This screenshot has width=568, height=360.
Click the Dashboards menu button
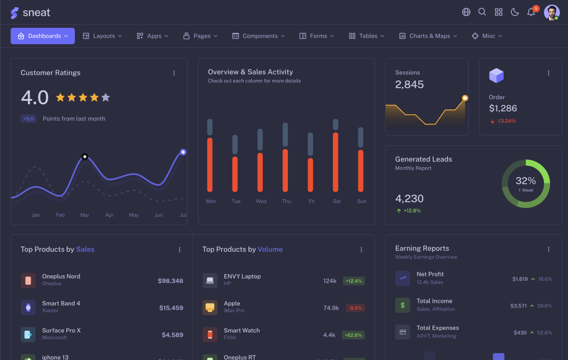pos(43,36)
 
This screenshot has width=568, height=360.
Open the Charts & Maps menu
pos(428,36)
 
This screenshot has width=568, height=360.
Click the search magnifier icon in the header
pos(482,12)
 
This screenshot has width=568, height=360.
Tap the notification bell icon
pos(531,12)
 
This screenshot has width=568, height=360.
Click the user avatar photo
pos(551,12)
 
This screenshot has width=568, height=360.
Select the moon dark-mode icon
pos(515,12)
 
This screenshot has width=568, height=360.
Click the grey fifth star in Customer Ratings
pos(106,98)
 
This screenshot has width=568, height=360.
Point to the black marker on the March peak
pos(85,156)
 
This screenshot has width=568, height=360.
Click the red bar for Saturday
pos(336,162)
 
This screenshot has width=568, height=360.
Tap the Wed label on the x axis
pos(261,201)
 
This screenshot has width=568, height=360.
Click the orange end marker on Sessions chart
pos(465,98)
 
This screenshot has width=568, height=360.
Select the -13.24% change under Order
pos(503,121)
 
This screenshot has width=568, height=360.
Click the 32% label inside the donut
pos(525,181)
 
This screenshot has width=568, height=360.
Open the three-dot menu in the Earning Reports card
pos(549,249)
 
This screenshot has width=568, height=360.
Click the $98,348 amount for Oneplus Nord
pos(170,281)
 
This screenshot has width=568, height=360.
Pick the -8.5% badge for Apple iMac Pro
pos(355,308)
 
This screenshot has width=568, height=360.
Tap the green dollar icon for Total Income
pos(402,305)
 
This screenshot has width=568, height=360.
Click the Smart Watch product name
pos(241,331)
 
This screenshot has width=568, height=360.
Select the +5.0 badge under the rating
pos(28,119)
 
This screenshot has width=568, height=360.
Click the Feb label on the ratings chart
pos(60,215)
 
